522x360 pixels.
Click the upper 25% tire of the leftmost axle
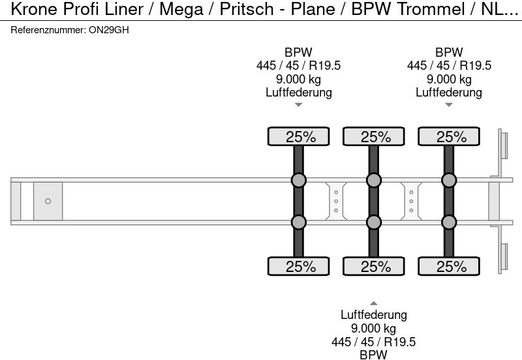tap(299, 136)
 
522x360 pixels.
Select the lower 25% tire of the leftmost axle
tap(299, 266)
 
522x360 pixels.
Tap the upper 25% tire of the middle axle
tap(374, 136)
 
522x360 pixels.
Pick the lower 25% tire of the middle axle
tap(374, 266)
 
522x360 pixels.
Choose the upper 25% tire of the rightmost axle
tap(449, 136)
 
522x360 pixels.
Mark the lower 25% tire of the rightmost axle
tap(449, 266)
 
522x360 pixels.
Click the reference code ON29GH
tap(108, 30)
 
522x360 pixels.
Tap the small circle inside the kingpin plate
tap(48, 202)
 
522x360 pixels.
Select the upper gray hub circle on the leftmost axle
tap(299, 180)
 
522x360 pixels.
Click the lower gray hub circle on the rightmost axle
tap(449, 222)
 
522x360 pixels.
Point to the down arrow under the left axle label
tap(299, 105)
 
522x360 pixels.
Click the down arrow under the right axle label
tap(449, 105)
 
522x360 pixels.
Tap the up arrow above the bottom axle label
tap(374, 303)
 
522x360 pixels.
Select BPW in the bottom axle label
tap(374, 355)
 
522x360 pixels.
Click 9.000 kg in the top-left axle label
tap(299, 79)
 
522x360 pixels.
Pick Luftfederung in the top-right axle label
tap(449, 92)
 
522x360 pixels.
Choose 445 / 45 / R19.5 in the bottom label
tap(374, 342)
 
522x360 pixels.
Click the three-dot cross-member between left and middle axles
tap(336, 202)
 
